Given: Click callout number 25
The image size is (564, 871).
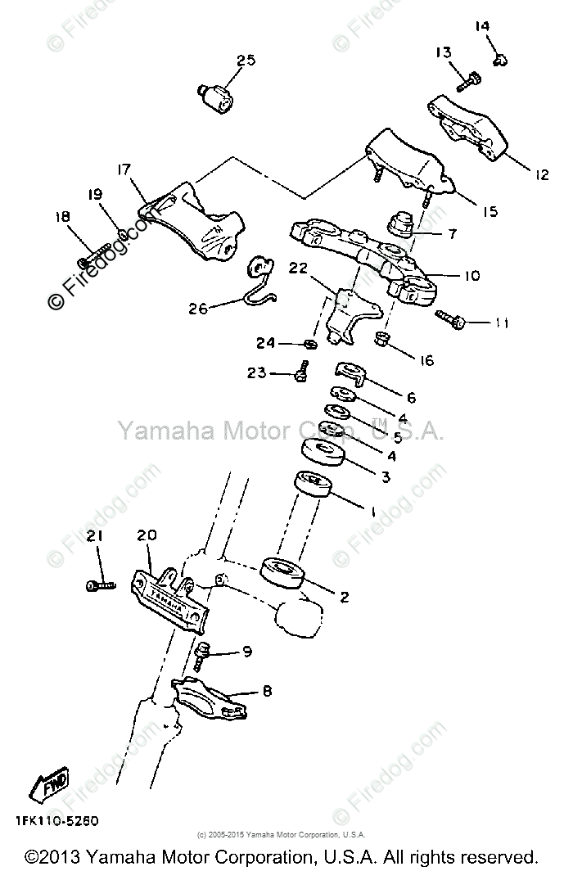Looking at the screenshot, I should pos(246,60).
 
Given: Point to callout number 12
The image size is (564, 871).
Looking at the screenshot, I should pos(542,173).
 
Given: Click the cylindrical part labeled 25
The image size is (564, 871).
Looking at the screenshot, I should pos(215,97).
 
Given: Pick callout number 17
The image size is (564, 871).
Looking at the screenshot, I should pos(124,169).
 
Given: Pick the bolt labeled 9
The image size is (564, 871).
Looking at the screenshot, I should pos(202,654).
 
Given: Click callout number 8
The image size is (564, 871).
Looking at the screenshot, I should pos(266,690).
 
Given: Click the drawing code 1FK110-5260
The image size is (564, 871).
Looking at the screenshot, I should pos(63,819).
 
